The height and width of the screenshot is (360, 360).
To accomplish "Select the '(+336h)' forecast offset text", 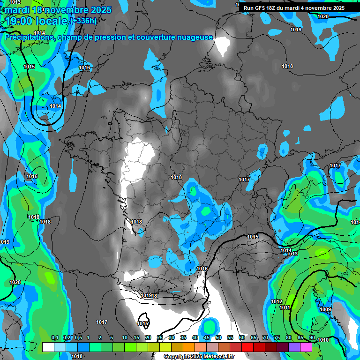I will click(83, 21).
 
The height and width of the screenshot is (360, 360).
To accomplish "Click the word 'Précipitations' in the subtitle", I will click(29, 37).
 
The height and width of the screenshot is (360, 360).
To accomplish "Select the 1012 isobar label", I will click(277, 301).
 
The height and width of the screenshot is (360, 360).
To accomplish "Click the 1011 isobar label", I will click(285, 307).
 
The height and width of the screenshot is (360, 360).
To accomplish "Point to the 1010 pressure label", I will click(323, 340).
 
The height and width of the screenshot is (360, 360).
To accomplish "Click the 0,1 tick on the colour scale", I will click(54, 338).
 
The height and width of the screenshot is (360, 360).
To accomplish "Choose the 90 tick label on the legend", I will click(312, 338).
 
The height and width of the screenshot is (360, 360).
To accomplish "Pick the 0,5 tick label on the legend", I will click(78, 338).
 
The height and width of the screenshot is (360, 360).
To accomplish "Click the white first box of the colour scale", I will click(48, 347).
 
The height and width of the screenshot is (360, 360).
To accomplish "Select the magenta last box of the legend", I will click(306, 347).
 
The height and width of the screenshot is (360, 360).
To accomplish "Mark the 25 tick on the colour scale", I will click(160, 338).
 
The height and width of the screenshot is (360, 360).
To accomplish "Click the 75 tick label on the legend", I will click(277, 338).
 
